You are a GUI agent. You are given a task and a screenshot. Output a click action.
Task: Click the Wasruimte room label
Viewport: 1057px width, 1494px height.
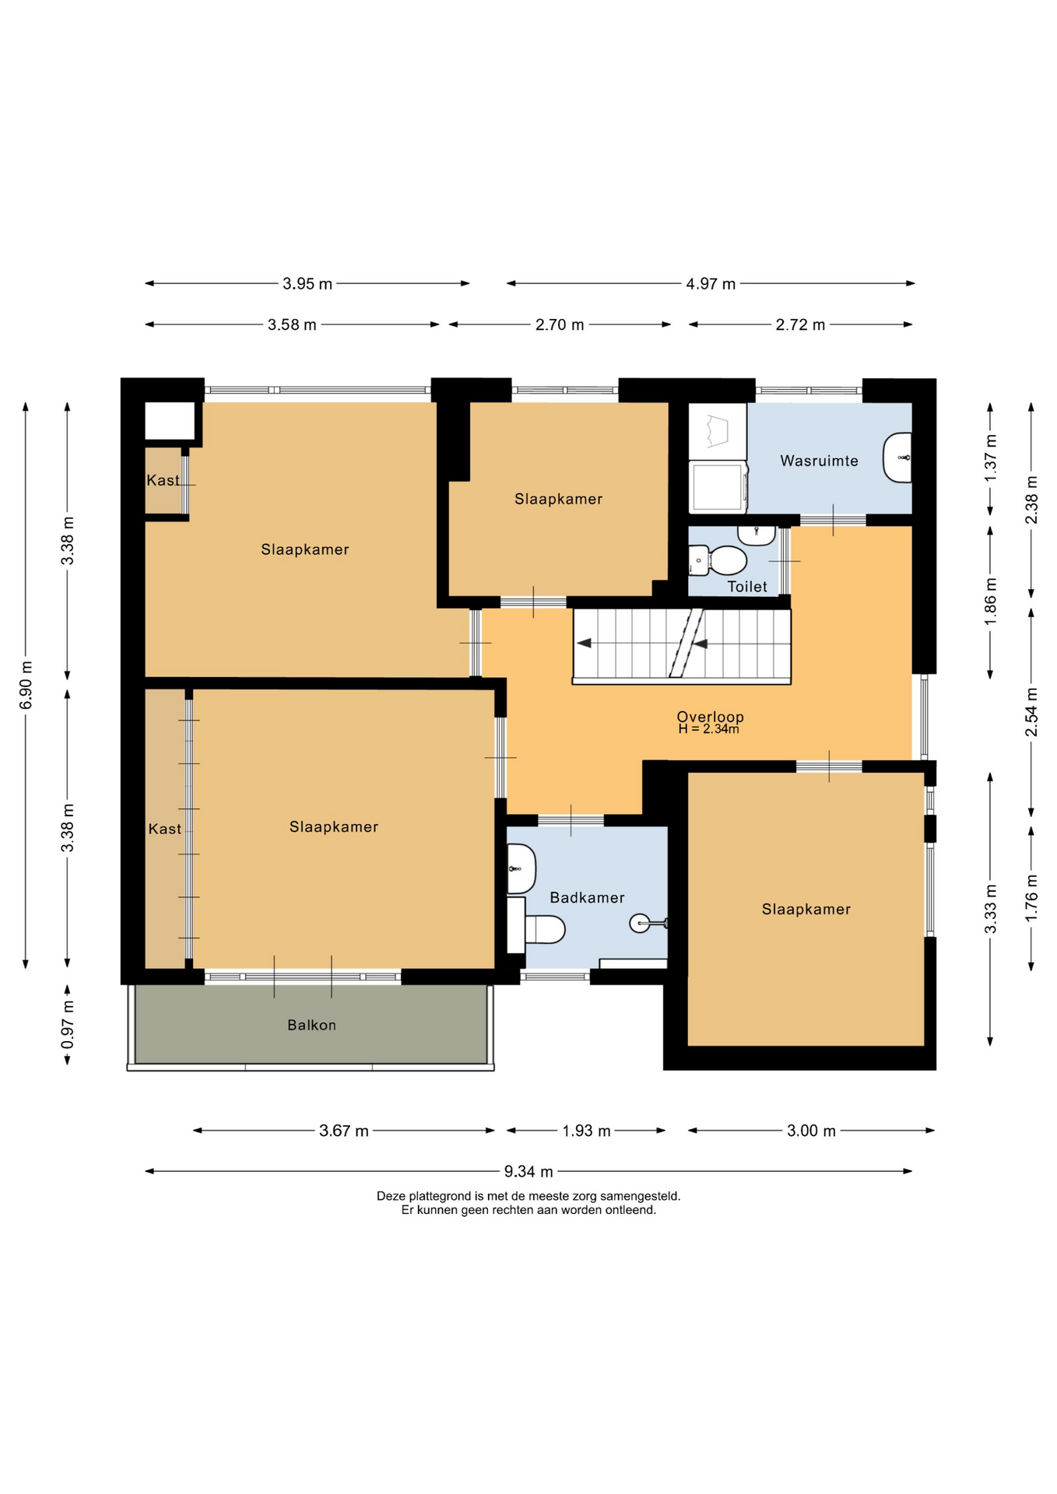pyautogui.click(x=819, y=461)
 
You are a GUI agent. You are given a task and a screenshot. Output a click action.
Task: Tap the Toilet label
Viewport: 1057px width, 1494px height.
pyautogui.click(x=747, y=587)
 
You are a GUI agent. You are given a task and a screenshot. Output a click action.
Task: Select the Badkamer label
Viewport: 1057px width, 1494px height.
pyautogui.click(x=587, y=897)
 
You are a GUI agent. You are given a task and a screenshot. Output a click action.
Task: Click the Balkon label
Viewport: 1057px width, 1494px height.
pyautogui.click(x=311, y=1025)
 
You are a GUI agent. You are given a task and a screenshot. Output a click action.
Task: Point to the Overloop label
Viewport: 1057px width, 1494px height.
pyautogui.click(x=710, y=717)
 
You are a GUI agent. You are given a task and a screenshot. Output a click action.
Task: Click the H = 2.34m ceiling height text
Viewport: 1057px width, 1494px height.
pyautogui.click(x=708, y=729)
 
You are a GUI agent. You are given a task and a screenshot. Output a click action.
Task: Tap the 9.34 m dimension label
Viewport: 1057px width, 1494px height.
pyautogui.click(x=528, y=1171)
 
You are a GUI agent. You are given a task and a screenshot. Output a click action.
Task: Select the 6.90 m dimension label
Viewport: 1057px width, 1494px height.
pyautogui.click(x=26, y=685)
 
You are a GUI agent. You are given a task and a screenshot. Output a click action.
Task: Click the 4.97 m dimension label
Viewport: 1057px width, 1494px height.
pyautogui.click(x=711, y=284)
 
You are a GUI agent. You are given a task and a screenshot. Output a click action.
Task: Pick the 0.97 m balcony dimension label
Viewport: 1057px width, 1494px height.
pyautogui.click(x=68, y=1024)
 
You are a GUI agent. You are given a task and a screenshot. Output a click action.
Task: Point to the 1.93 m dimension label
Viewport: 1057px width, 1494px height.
pyautogui.click(x=587, y=1131)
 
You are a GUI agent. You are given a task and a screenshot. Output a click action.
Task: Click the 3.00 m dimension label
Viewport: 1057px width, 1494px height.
pyautogui.click(x=811, y=1131)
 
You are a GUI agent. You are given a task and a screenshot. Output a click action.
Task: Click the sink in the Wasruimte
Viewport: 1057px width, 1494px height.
pyautogui.click(x=897, y=458)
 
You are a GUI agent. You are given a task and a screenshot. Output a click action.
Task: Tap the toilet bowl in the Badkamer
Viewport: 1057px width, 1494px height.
pyautogui.click(x=544, y=929)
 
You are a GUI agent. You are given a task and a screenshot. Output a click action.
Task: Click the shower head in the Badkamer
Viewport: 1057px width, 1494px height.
pyautogui.click(x=640, y=924)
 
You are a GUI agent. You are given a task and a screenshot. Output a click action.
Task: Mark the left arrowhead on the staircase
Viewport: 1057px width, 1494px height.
pyautogui.click(x=584, y=643)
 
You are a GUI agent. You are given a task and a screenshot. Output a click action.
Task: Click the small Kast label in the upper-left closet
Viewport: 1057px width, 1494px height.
pyautogui.click(x=163, y=480)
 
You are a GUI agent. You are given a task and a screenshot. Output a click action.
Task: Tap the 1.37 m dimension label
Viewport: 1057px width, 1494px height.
pyautogui.click(x=991, y=458)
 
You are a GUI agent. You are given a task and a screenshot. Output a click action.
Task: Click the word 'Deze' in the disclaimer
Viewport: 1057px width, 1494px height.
pyautogui.click(x=392, y=1196)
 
